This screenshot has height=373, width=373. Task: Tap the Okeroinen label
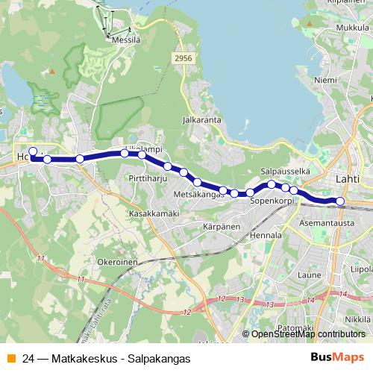coord(116,263)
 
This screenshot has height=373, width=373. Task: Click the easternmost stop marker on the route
coord(340,201)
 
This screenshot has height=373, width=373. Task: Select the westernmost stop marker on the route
coord(32,151)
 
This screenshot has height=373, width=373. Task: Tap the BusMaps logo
coord(336,358)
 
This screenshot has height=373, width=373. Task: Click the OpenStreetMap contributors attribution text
coord(307,334)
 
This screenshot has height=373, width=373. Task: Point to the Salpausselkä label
coord(285,171)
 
